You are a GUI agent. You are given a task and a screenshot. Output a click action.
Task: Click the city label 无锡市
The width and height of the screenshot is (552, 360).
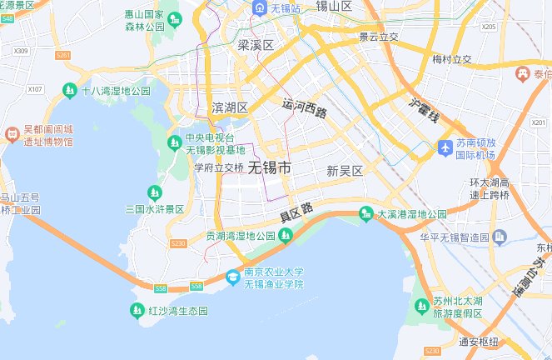[270, 167]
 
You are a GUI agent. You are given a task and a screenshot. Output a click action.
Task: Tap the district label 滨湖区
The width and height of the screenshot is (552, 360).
[231, 108]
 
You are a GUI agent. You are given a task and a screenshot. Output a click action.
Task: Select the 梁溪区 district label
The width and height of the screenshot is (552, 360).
[256, 45]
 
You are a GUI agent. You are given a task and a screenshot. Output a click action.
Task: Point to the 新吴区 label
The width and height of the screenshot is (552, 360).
[345, 171]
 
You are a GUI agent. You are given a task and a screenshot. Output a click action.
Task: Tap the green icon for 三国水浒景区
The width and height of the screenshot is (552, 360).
[154, 192]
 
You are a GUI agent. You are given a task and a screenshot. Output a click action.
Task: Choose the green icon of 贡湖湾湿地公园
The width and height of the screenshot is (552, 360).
[286, 236]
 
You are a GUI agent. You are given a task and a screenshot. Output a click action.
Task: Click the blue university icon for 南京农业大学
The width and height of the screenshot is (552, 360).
[234, 277]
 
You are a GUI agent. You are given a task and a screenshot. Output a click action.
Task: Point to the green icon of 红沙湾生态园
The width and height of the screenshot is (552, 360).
[137, 311]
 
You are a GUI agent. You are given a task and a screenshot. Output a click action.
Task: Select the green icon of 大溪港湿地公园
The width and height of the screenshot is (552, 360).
[366, 214]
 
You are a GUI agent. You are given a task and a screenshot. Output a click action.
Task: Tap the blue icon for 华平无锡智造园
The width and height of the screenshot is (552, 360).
[498, 237]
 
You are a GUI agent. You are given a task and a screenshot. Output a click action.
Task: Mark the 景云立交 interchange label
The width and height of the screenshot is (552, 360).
[379, 37]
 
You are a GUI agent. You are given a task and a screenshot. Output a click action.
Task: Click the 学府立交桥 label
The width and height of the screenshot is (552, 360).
[219, 167]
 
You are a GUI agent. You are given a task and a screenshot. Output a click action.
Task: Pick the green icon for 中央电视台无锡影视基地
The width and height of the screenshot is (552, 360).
[175, 143]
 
